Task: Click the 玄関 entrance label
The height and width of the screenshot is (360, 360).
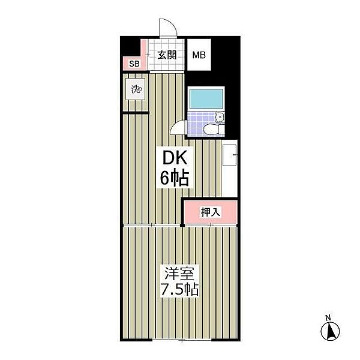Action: (167, 55)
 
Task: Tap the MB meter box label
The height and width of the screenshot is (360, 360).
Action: (199, 55)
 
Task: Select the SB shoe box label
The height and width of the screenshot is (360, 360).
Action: (134, 64)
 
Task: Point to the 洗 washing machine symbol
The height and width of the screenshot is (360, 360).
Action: (136, 89)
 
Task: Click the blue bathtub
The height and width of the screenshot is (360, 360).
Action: (206, 98)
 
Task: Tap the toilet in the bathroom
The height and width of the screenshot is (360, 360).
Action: (214, 130)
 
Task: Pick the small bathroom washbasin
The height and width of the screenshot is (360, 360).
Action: (220, 118)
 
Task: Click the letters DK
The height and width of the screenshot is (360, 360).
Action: (175, 157)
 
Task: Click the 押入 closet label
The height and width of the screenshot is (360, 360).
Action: (211, 212)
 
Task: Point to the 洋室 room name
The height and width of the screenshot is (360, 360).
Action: (179, 273)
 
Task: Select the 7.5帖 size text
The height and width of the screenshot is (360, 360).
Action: (179, 290)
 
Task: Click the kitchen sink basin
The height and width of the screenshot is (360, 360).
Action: (229, 155)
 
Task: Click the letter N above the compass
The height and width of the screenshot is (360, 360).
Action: (329, 318)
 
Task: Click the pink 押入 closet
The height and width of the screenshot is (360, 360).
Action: (211, 212)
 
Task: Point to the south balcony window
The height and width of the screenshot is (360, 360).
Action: (182, 340)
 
